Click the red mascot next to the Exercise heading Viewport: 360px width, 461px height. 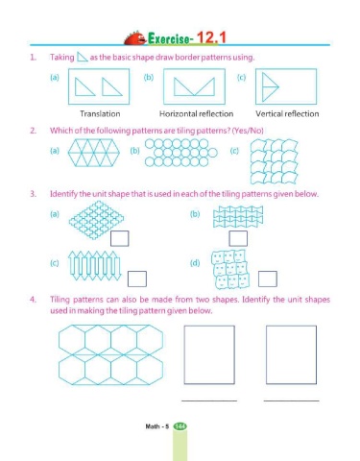tap(134, 38)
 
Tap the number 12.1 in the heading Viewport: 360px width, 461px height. tap(211, 37)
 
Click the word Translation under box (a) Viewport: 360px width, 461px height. tap(100, 113)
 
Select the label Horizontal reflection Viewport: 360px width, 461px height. tap(196, 113)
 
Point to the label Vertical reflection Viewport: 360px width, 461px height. tap(287, 113)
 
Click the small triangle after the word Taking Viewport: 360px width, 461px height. tap(82, 57)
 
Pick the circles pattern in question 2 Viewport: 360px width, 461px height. tap(181, 153)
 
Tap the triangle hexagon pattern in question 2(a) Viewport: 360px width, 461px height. tap(94, 153)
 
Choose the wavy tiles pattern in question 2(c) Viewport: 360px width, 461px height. tap(274, 161)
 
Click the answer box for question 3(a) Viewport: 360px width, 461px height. tap(120, 238)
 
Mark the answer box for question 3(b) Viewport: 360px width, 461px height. tap(238, 238)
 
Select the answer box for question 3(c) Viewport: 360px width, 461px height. tap(137, 279)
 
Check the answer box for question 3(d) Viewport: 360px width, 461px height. tap(268, 279)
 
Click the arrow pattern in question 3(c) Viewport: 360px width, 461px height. tap(95, 265)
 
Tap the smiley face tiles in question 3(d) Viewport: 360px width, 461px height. tap(230, 270)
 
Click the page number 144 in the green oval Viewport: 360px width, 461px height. tap(180, 426)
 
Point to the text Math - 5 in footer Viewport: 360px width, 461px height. tap(156, 426)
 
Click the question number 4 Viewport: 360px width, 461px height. tap(33, 300)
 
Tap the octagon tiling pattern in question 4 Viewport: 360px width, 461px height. tap(110, 354)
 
